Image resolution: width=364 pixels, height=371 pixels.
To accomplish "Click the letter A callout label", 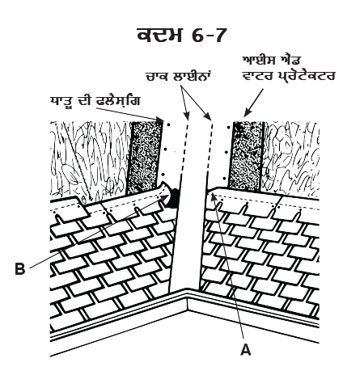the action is [x=245, y=349].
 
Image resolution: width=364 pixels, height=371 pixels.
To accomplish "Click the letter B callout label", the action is [x=20, y=268].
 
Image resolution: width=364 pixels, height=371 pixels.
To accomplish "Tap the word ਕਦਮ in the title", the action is [x=160, y=35].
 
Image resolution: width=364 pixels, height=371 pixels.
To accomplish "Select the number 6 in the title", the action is [x=198, y=36].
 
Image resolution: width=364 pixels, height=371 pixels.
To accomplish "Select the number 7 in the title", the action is [x=218, y=36].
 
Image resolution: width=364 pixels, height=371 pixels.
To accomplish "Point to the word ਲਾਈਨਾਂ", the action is [x=191, y=76].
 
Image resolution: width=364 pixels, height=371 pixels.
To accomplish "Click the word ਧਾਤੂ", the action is [x=61, y=101].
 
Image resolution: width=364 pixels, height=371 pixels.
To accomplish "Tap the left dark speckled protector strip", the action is [x=145, y=158].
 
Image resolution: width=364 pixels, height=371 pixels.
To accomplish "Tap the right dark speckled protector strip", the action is [x=246, y=156].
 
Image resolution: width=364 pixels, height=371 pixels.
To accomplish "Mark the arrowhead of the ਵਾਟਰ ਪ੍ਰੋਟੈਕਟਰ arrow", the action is [x=246, y=114].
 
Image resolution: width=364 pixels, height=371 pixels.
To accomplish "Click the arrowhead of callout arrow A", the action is [x=213, y=196].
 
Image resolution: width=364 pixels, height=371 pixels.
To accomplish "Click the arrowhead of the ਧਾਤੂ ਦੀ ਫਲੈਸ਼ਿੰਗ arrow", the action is [x=159, y=119].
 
